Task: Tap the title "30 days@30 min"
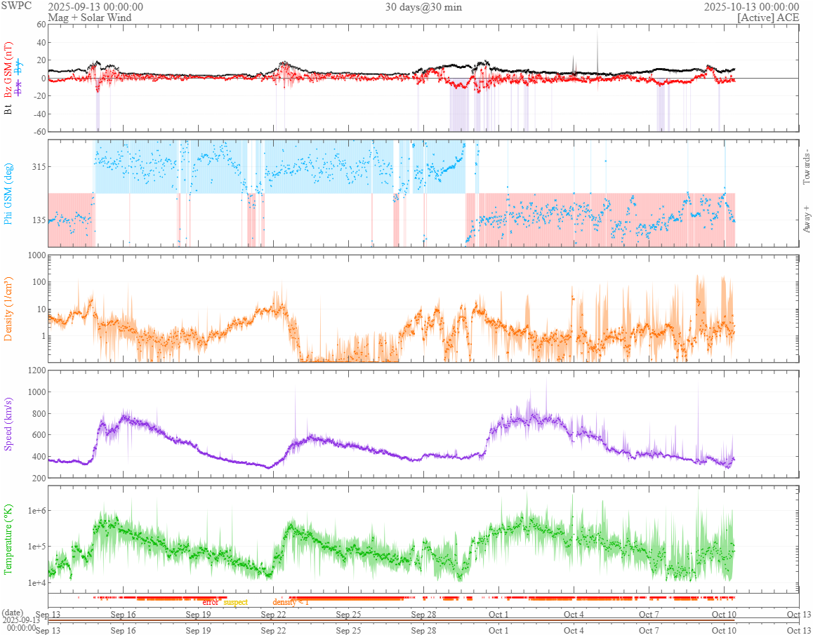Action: tap(423, 7)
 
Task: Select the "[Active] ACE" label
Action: tap(769, 18)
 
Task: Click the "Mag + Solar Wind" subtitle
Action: tap(81, 18)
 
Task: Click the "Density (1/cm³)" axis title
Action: tap(9, 309)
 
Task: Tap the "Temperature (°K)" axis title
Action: tap(9, 539)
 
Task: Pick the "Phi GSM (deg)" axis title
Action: tap(9, 193)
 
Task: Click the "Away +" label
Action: tap(807, 218)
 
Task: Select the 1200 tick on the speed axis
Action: tap(35, 370)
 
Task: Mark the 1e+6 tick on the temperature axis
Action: tap(34, 510)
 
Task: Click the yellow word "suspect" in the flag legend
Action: tap(235, 602)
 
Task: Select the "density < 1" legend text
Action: tap(291, 602)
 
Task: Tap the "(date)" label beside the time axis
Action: tap(13, 613)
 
